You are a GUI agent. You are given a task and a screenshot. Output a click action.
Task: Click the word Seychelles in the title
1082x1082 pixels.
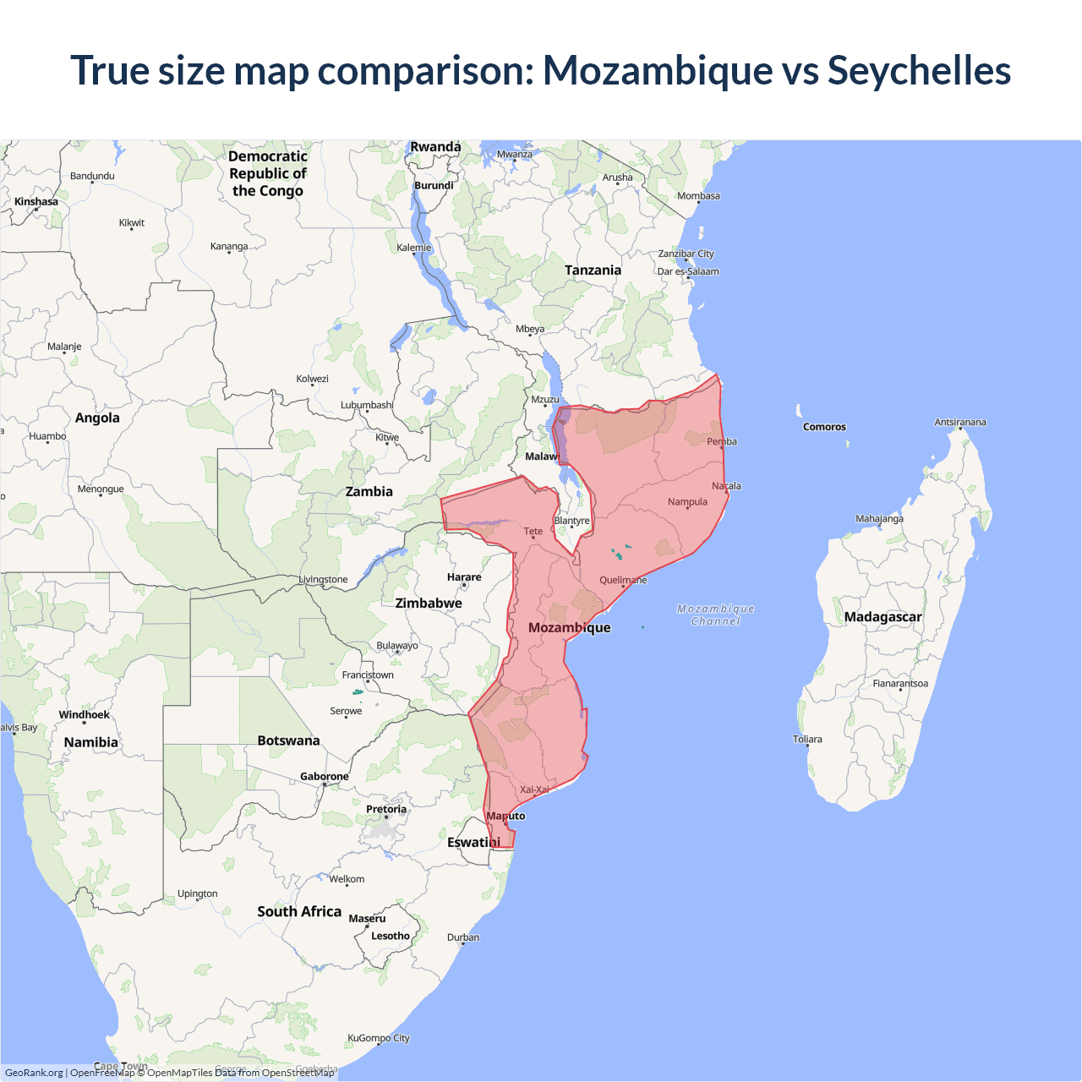919,70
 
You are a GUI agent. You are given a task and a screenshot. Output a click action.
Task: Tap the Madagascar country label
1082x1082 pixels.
883,617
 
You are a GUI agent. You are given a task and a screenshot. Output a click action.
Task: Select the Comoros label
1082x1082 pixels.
824,427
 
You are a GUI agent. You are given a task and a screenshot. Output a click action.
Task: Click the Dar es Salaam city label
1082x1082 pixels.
688,271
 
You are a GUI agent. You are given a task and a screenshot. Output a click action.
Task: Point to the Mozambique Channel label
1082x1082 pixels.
715,615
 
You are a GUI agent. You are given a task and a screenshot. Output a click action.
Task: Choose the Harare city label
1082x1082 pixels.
464,577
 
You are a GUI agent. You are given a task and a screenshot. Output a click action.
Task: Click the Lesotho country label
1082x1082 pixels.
390,936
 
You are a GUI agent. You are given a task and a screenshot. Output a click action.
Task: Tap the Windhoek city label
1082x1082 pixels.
84,715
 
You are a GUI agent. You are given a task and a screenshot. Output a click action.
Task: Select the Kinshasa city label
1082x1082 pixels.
36,201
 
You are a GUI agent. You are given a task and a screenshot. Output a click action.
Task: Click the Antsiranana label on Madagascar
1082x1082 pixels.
959,422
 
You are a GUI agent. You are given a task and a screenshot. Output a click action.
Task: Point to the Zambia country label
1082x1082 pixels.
369,491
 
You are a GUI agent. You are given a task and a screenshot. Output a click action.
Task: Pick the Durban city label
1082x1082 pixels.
463,937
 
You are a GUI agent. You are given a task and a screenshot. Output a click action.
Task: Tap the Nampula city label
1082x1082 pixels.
687,502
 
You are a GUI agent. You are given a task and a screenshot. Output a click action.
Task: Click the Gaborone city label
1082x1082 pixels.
324,777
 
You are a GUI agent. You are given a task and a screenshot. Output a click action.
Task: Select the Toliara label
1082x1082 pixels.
807,739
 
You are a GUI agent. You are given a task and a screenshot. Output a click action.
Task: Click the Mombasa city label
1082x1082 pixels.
698,196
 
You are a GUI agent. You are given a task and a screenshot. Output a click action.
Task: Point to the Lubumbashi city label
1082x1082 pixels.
367,405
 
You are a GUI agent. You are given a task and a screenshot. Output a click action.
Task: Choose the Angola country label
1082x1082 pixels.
97,418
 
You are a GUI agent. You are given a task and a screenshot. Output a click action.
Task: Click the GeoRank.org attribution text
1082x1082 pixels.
34,1073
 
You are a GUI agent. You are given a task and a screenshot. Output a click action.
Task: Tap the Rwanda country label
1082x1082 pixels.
435,147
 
